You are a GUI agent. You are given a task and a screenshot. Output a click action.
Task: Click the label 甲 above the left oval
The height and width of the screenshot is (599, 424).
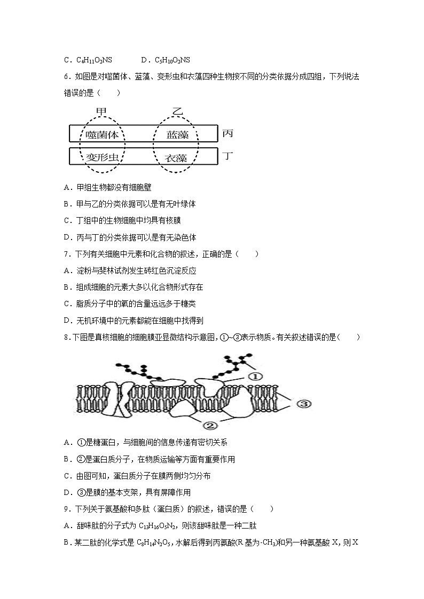click(x=101, y=112)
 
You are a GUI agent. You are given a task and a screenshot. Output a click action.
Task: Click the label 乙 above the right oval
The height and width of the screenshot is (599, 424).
click(x=177, y=112)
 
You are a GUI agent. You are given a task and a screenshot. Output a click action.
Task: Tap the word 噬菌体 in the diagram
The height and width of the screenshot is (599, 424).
click(x=102, y=134)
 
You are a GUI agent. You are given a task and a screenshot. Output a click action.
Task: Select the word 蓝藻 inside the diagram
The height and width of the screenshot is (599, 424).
click(x=177, y=134)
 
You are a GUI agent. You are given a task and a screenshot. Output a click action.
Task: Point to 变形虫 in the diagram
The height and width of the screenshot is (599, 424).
click(x=102, y=157)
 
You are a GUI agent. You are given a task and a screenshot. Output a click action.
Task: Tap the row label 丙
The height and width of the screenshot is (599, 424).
click(x=227, y=133)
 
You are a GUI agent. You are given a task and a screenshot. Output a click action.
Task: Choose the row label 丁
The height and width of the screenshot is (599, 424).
click(x=227, y=156)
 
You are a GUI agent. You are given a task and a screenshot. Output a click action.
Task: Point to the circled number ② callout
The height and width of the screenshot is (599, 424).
click(x=209, y=425)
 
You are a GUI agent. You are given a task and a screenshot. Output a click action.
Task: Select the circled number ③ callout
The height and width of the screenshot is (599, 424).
click(x=302, y=404)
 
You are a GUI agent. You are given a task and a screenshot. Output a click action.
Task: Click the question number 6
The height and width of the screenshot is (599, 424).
click(x=66, y=76)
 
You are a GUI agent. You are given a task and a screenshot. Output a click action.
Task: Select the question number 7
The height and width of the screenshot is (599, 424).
click(x=66, y=254)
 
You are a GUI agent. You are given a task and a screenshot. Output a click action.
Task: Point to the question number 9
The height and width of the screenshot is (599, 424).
click(x=66, y=509)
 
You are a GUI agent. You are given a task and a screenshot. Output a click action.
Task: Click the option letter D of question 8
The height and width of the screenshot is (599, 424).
click(x=67, y=492)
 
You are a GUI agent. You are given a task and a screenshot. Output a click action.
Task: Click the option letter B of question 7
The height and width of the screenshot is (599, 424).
click(x=67, y=287)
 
